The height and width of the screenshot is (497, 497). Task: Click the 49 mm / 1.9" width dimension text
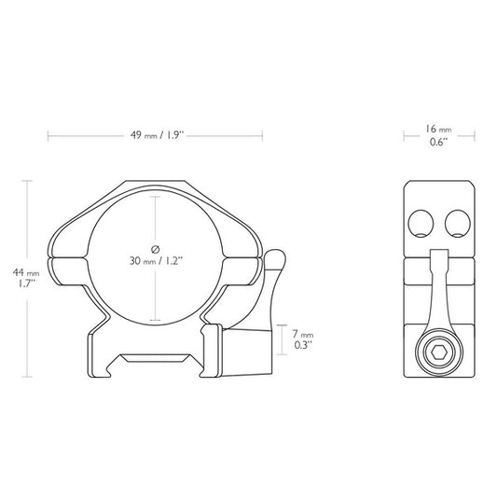click(156, 134)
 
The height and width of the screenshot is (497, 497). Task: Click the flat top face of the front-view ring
click(156, 183)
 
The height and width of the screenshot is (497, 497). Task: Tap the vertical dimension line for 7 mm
click(283, 338)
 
